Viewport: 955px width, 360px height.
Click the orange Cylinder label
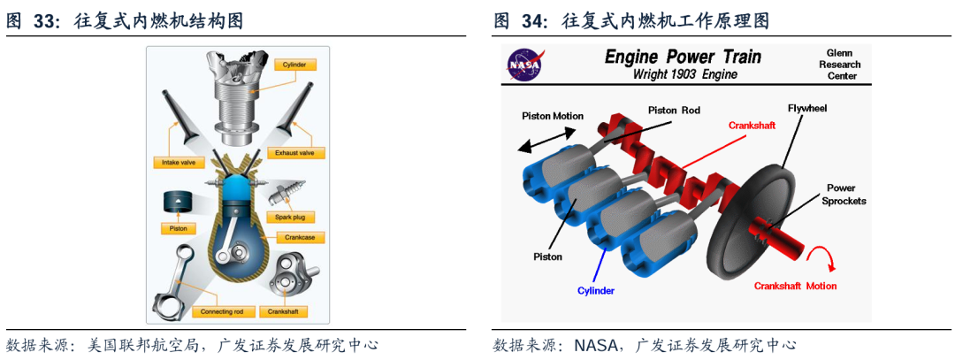coord(294,65)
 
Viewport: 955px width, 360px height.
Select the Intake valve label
coord(177,163)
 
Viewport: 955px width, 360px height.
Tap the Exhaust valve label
coord(299,153)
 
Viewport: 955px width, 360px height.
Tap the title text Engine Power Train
coord(682,57)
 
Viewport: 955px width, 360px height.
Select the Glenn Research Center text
coord(842,64)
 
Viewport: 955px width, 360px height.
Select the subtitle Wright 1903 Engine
coord(684,75)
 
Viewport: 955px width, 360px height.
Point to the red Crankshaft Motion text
coord(795,286)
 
